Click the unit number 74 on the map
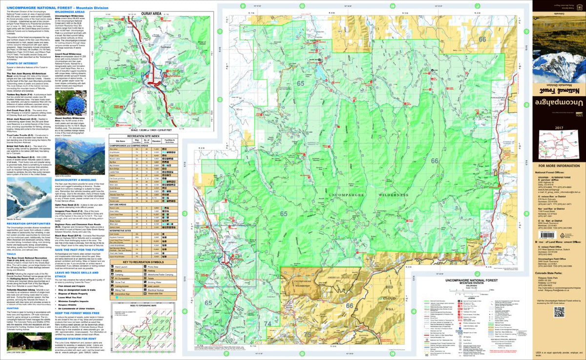pos(268,338)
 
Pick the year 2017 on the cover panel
pos(559,128)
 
